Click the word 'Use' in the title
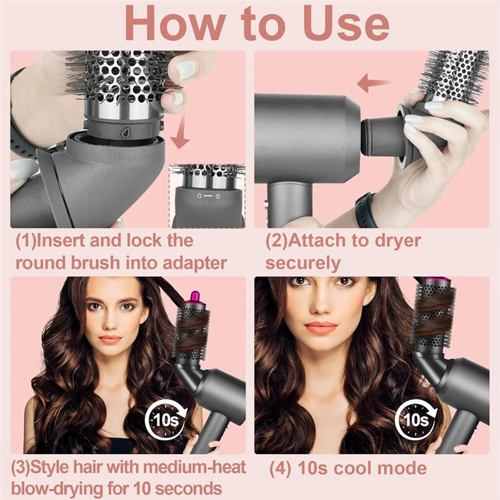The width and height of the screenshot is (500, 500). click(x=335, y=23)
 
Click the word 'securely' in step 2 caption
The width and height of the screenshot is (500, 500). click(x=302, y=262)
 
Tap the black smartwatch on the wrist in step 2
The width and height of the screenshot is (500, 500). click(x=364, y=209)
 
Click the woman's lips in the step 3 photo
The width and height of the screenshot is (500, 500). click(x=109, y=339)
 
